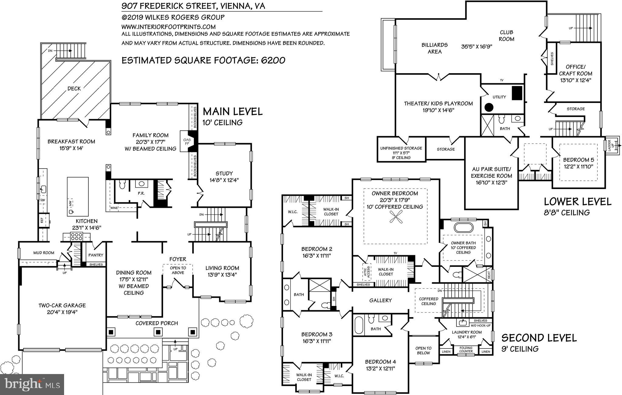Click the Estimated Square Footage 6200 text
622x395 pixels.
[x=203, y=60]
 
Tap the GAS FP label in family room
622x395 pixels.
[x=186, y=142]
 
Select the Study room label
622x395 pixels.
[x=224, y=173]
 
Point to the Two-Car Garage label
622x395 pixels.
[x=62, y=305]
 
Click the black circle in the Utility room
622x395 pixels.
[x=488, y=107]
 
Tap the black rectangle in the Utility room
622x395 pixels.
[x=517, y=93]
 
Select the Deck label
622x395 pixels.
[x=74, y=88]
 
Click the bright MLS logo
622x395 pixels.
[x=32, y=384]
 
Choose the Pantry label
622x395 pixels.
[x=96, y=255]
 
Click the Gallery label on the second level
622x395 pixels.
[x=380, y=300]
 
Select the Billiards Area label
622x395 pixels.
[x=434, y=48]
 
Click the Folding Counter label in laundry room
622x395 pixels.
[x=466, y=349]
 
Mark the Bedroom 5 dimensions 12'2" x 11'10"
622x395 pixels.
[x=579, y=167]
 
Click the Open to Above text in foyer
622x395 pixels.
[x=178, y=270]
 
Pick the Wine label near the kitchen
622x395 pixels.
[x=114, y=208]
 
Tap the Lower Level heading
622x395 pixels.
[x=577, y=201]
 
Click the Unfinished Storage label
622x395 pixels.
[x=401, y=148]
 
